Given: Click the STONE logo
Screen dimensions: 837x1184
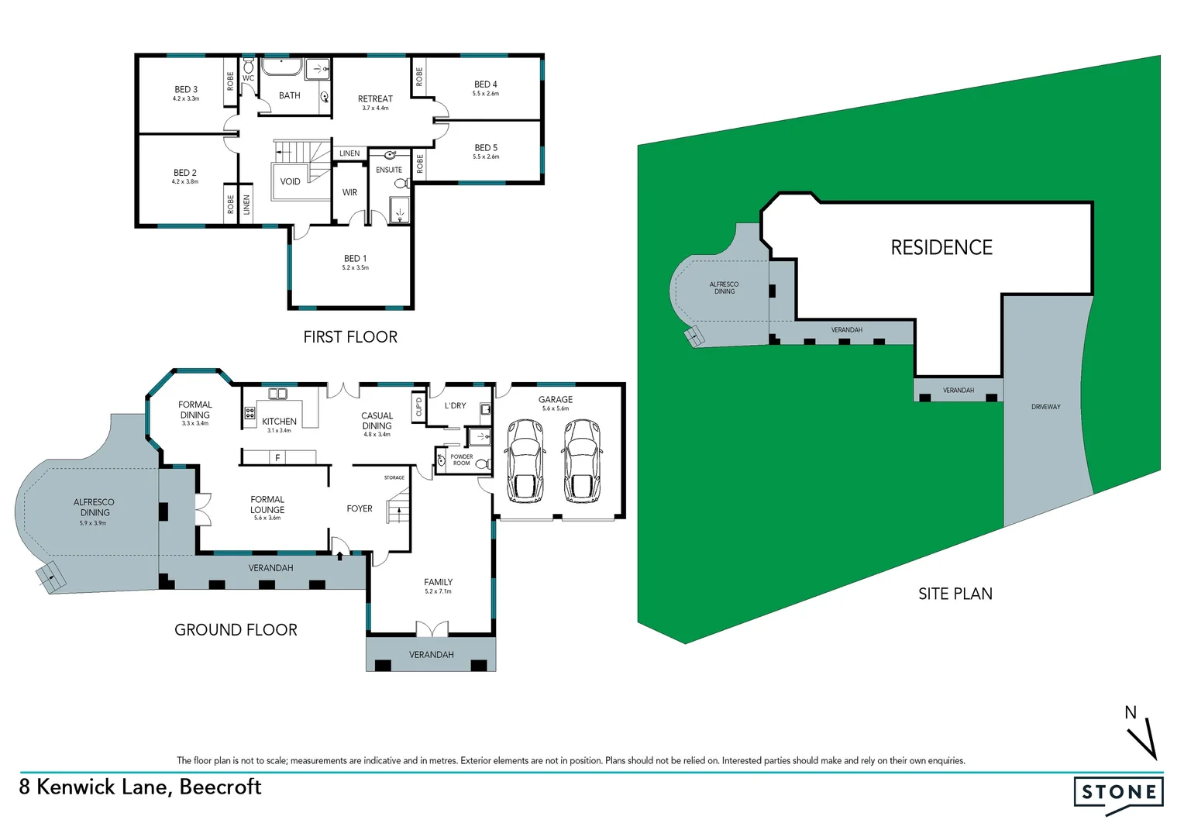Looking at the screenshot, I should pos(1118,793).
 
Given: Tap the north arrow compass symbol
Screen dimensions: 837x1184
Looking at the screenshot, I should pos(1142,736).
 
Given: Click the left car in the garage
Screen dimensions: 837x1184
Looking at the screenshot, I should pos(525,460).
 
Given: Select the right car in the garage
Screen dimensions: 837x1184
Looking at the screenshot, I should pos(582,460).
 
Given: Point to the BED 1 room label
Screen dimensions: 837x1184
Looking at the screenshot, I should pos(355,259).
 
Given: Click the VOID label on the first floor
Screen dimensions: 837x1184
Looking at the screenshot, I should pos(290,182).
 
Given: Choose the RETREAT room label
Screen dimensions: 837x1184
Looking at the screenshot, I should pos(375,99).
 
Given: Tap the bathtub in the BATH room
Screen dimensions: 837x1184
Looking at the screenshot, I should pos(280,67).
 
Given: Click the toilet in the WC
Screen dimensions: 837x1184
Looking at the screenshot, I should pos(248,64).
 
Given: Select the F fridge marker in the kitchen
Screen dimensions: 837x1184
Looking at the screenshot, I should pos(277,458).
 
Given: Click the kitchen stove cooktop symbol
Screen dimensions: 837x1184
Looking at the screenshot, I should pos(250,413).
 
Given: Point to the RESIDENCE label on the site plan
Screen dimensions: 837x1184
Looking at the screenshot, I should pos(941,248).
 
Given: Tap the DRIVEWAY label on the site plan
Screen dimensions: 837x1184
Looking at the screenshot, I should pos(1045,407).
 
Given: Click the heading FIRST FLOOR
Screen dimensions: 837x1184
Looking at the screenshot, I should pos(350,337).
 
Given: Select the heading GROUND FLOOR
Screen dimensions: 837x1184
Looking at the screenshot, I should pos(236,630).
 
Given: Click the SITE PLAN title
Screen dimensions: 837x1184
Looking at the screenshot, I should pos(955,594).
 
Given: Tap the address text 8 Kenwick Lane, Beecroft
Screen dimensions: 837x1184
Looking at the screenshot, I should pos(140,787).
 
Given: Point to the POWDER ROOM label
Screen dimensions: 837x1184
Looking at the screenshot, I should pos(462,460).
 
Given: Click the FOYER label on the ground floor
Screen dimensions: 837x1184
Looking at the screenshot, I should pos(360,509).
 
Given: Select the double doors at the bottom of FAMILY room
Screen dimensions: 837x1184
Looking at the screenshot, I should pos(432,629).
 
